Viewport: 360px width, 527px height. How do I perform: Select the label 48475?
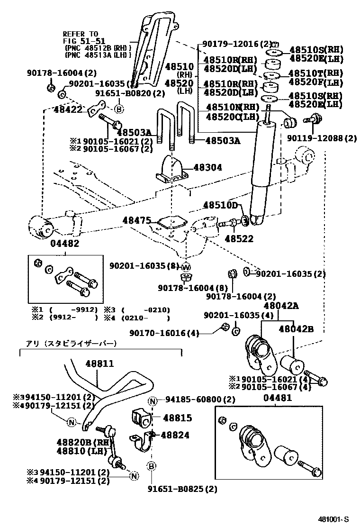[137, 220]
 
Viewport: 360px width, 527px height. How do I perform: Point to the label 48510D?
[220, 205]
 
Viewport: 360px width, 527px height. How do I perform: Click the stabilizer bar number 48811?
[99, 363]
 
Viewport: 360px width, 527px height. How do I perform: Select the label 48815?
[178, 418]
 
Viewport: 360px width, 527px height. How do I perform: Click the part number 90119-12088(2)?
[322, 138]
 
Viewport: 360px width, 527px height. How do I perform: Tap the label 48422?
[71, 109]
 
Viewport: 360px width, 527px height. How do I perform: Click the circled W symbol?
[186, 265]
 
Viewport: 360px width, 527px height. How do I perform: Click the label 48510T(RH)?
[316, 73]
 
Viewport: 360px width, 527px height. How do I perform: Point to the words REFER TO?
[81, 34]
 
